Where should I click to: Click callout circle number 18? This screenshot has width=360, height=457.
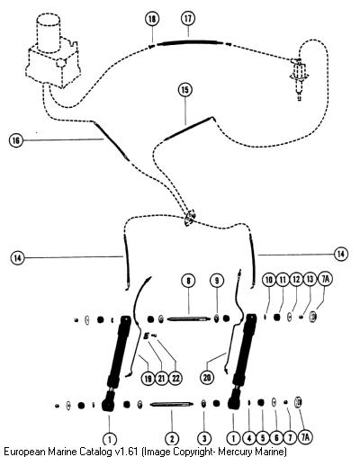[x=152, y=19]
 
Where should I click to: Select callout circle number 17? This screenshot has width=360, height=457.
[x=188, y=19]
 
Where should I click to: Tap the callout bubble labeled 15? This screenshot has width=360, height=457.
[x=185, y=90]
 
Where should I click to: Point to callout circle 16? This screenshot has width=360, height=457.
[x=16, y=140]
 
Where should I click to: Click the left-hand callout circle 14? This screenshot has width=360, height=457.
[x=18, y=257]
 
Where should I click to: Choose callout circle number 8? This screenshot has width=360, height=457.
[x=188, y=281]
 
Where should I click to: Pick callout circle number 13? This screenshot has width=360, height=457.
[x=310, y=280]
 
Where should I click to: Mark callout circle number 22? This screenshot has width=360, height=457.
[x=175, y=378]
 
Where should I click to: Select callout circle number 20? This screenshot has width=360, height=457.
[x=207, y=377]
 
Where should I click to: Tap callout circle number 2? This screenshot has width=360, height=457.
[x=172, y=439]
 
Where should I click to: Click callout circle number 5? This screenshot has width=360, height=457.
[x=263, y=438]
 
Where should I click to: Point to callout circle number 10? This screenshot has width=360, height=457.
[x=269, y=280]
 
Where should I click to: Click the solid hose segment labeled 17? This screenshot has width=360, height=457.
[x=190, y=43]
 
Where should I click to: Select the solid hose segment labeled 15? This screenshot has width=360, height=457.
[x=189, y=129]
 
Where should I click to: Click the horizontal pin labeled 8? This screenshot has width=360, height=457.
[x=188, y=319]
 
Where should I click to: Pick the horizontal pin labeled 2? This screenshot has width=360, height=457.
[x=171, y=404]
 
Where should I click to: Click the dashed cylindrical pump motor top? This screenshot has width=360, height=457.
[x=49, y=33]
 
